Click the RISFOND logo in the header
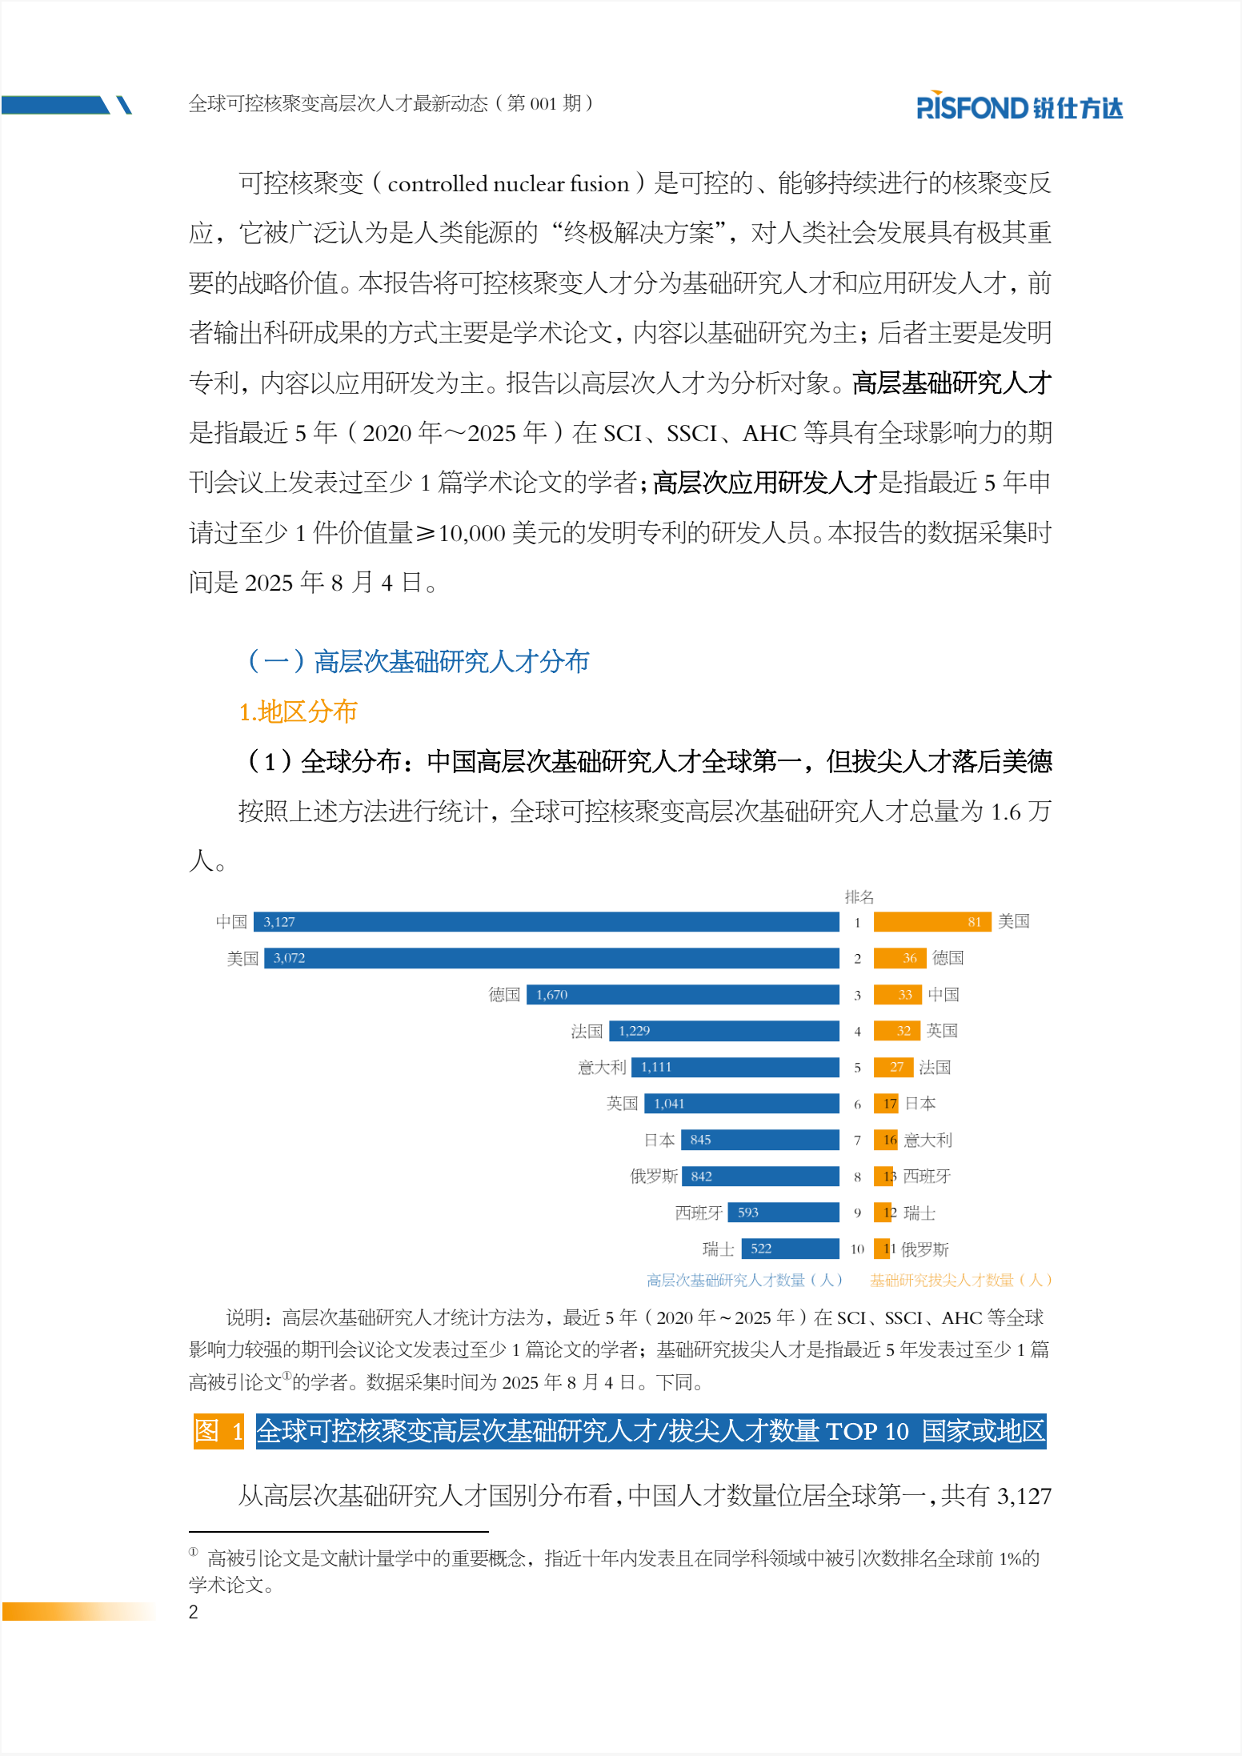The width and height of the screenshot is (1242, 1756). coord(1019,106)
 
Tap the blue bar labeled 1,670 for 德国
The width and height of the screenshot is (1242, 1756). coord(683,995)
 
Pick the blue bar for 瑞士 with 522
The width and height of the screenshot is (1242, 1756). coord(790,1249)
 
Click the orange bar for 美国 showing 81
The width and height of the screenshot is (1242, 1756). coord(932,922)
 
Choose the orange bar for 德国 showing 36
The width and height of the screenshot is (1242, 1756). coord(899,958)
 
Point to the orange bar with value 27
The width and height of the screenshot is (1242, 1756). coord(893,1067)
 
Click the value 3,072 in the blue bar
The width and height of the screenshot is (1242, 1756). coord(289,958)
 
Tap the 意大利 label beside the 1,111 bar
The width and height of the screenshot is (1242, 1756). coord(602,1067)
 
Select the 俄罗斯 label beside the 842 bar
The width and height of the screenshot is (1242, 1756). coord(653,1176)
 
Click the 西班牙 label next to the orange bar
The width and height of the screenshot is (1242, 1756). coord(927,1176)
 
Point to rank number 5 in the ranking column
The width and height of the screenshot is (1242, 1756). coord(857,1068)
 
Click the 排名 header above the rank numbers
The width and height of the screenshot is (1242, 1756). coord(859,896)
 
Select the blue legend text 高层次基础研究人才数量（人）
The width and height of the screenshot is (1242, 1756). coord(744,1281)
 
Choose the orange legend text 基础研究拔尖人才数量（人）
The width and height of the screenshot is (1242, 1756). coord(960,1281)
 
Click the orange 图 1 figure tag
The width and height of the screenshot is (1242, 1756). coord(218,1431)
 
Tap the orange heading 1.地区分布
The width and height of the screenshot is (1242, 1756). coord(298,712)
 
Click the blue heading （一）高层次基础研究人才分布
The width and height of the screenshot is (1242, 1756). coord(418,661)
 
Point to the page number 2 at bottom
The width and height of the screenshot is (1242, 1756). coord(194,1612)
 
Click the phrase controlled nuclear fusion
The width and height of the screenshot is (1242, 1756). coord(508,184)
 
